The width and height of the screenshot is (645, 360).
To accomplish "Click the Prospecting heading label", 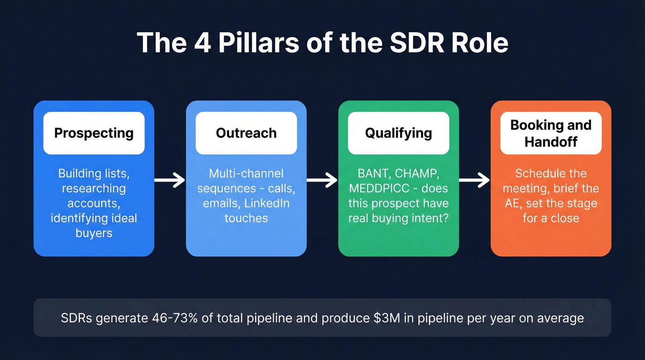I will click(x=94, y=133).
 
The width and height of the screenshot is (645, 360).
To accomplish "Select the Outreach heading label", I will click(x=246, y=133).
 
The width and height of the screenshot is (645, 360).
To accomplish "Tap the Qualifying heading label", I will click(x=399, y=133).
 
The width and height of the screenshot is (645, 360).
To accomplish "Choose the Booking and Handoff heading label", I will click(x=551, y=133).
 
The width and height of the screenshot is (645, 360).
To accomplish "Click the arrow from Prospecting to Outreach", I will click(x=170, y=180).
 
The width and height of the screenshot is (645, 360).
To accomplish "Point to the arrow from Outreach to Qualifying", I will click(x=322, y=180).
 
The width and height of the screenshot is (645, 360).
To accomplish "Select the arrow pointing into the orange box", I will click(x=474, y=180).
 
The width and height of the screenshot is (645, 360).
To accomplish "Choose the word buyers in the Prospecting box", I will click(x=94, y=233).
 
